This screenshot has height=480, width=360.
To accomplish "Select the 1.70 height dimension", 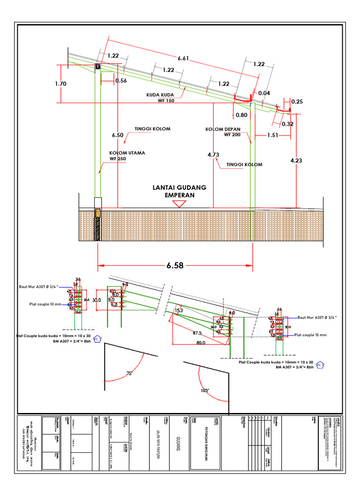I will point(60,84).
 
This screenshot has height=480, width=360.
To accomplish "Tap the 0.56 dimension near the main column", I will point(121,80).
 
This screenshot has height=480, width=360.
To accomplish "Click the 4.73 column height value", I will point(213,154).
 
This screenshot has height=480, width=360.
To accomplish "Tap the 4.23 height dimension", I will point(296,160).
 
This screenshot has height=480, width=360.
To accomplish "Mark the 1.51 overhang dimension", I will point(272,135).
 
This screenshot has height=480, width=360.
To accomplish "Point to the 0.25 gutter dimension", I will point(297,101).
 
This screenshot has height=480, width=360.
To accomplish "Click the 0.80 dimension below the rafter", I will point(241,115).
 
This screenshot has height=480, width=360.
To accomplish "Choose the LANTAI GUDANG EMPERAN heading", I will point(180,191).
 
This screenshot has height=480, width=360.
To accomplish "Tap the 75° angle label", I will point(130,374).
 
